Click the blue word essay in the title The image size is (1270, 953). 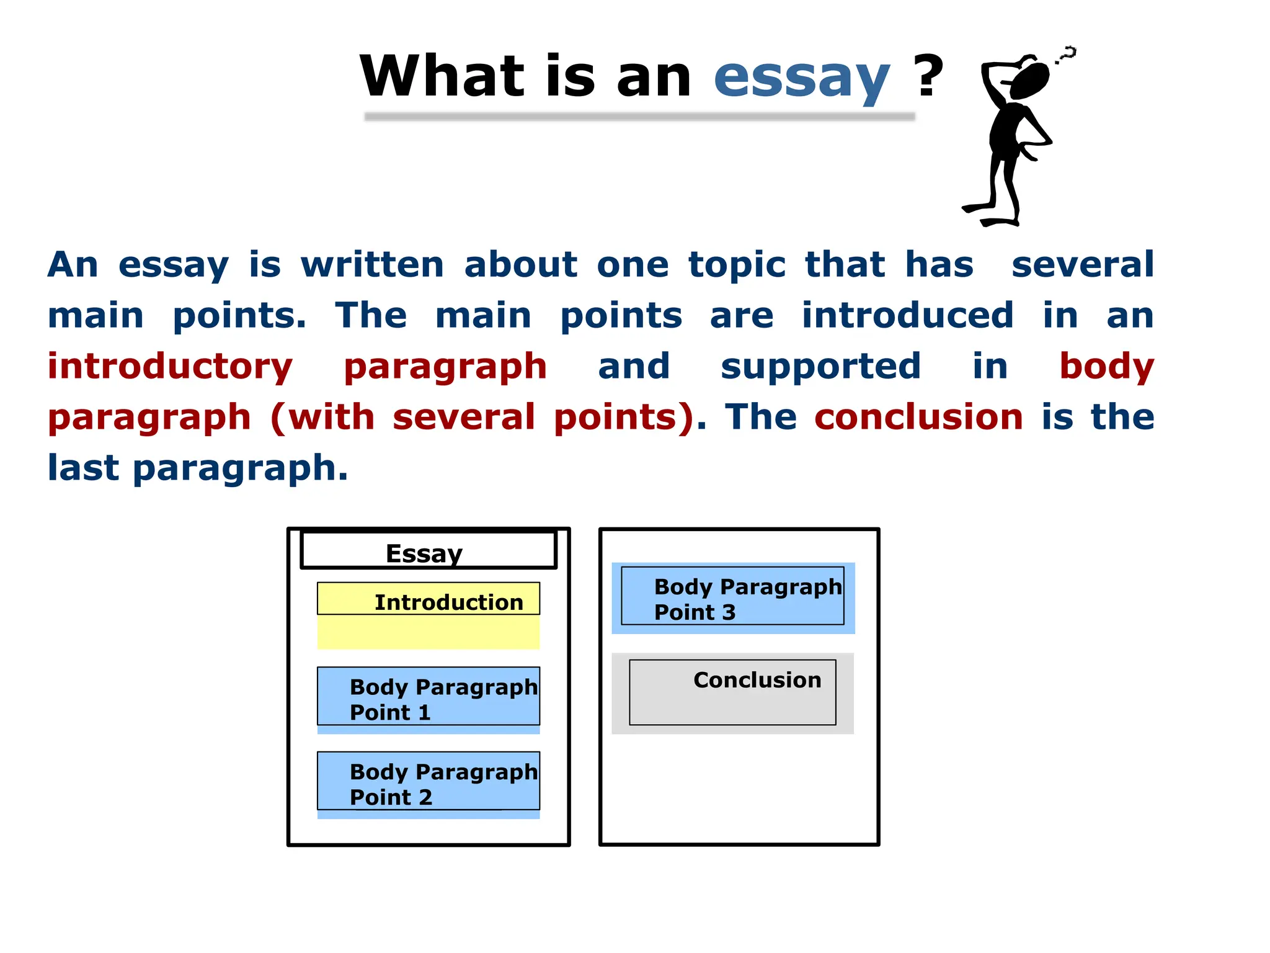pos(801,77)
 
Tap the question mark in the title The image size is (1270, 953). pos(928,76)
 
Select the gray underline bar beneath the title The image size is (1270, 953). pos(639,117)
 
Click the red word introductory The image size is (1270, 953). pos(170,366)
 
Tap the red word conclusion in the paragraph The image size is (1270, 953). pos(918,416)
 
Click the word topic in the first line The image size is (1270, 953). pos(737,265)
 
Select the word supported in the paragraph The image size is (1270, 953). pos(820,366)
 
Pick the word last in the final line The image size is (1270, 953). pos(83,467)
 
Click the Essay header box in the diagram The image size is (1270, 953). pos(428,550)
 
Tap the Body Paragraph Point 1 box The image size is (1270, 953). pos(428,699)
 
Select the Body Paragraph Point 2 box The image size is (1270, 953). pos(428,784)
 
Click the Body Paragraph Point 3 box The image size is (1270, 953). pos(733,598)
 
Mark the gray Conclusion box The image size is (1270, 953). pos(732,693)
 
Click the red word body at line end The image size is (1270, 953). pos(1106,366)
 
